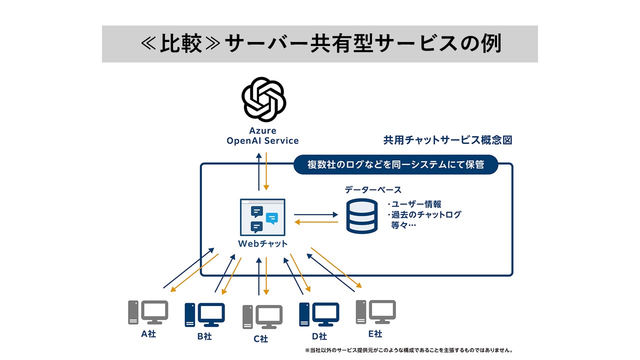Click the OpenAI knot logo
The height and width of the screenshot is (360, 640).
pos(263,99)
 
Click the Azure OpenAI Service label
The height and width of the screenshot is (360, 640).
pos(262,135)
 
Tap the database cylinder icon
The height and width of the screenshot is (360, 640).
pos(361,216)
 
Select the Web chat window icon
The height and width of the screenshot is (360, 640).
pos(262,217)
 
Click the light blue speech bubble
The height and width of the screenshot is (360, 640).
pos(271,218)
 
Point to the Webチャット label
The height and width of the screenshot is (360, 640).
pos(262,243)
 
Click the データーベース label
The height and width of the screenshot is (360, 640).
pos(373,189)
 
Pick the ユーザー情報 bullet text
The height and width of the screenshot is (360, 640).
pos(414,204)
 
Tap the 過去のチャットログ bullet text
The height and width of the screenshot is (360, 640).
pos(424,214)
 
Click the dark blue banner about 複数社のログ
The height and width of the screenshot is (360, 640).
pos(395,164)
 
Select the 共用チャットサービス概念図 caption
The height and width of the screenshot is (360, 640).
pos(447,140)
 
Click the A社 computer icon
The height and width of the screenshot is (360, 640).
pos(148,312)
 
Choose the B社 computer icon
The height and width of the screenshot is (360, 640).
pos(204,314)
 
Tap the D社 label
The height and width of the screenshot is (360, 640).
pos(319,336)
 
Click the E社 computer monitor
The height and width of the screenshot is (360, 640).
pos(382,311)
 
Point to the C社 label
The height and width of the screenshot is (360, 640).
pos(261,339)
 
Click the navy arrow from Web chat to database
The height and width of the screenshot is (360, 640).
pos(316,214)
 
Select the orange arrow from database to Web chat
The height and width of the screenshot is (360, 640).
pos(316,222)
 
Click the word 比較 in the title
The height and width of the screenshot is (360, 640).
pos(180,43)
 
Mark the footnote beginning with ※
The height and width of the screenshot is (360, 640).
pos(409,350)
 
